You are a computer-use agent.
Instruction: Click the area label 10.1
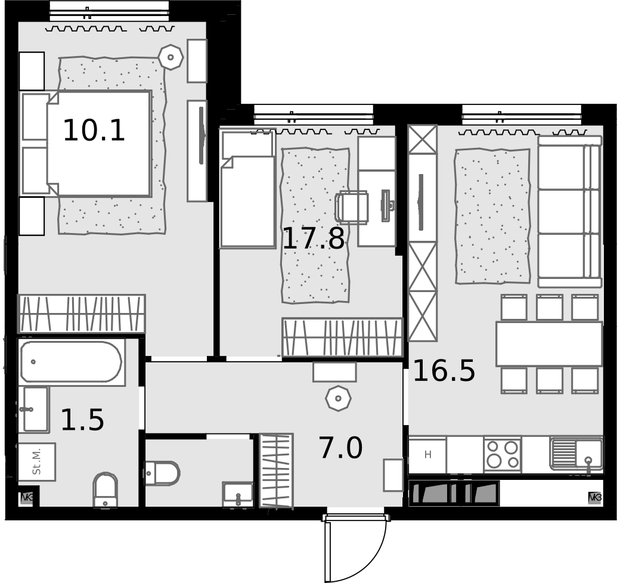pos(94,131)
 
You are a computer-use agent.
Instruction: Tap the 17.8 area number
pos(314,238)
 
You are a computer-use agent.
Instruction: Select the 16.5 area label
pos(444,370)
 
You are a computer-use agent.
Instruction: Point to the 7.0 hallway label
pos(340,448)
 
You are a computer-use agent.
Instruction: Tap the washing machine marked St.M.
pos(37,461)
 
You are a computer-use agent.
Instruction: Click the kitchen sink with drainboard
pos(576,454)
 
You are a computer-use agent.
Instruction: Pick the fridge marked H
pos(427,455)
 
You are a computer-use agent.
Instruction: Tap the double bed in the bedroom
pos(86,143)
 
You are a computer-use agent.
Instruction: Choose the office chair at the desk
pos(352,207)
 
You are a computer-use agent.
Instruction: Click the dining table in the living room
pos(549,344)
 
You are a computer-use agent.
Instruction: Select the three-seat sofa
pos(570,212)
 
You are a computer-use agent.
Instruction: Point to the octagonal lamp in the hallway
pos(338,398)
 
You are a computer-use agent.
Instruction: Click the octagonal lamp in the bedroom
pos(170,57)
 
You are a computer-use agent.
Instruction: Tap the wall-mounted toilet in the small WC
pos(163,473)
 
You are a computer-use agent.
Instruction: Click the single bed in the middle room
pos(248,190)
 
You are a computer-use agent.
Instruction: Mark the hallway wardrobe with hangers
pos(277,470)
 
